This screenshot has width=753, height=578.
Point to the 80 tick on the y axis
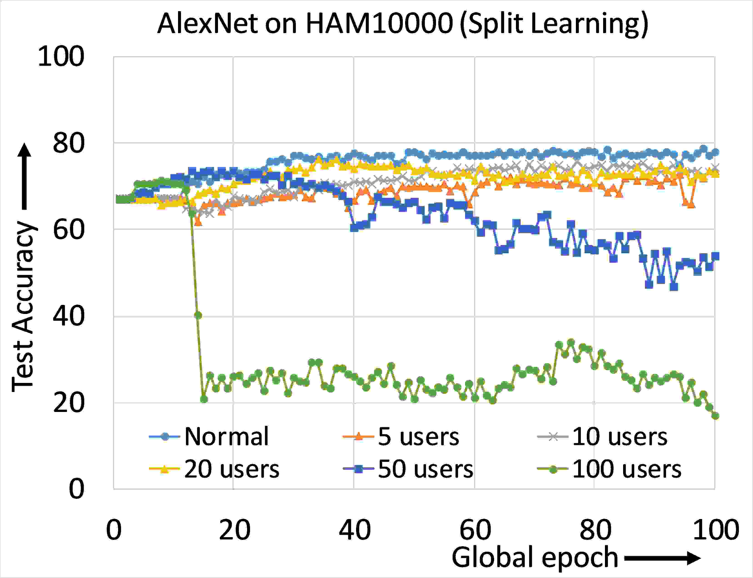[68, 143]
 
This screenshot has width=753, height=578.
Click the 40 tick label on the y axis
[68, 316]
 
